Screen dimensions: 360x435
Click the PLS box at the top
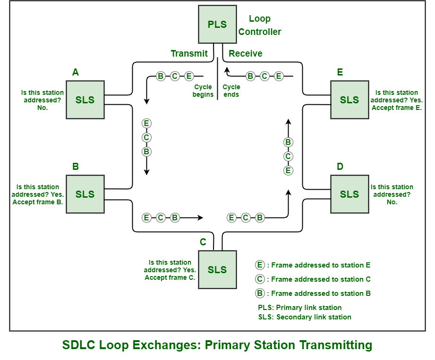click(x=217, y=24)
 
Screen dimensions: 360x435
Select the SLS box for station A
click(x=85, y=100)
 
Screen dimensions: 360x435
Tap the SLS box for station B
click(x=85, y=194)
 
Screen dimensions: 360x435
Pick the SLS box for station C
click(x=217, y=269)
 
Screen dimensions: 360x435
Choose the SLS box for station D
click(x=350, y=194)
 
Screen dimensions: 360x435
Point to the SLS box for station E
click(x=350, y=100)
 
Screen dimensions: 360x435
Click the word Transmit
click(x=189, y=53)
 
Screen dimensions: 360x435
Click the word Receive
click(x=246, y=53)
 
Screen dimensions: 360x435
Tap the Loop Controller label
click(x=259, y=25)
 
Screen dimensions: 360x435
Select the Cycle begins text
click(x=203, y=91)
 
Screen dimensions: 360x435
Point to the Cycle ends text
click(x=231, y=91)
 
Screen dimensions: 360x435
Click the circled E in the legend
click(x=260, y=265)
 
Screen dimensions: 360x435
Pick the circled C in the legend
click(x=260, y=279)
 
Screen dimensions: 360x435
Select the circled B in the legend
click(x=260, y=293)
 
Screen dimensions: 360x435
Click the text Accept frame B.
click(x=38, y=202)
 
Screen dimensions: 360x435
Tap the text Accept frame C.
click(x=170, y=277)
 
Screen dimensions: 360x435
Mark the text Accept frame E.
click(x=397, y=108)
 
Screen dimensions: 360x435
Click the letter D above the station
click(x=340, y=167)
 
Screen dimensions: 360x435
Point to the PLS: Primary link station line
click(x=300, y=308)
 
